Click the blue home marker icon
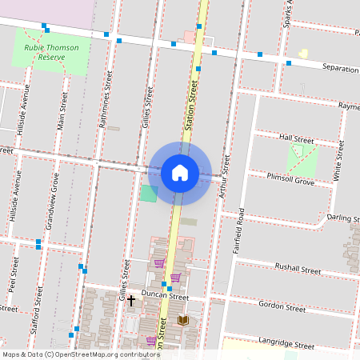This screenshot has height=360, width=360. point(179,173)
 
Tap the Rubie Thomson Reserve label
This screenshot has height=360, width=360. point(51,53)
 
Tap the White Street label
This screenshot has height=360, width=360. point(339,160)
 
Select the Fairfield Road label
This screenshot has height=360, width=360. point(238,231)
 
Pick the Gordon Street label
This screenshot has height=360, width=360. point(283,306)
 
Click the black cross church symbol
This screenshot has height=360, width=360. point(131,300)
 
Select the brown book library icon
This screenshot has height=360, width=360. point(182,320)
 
